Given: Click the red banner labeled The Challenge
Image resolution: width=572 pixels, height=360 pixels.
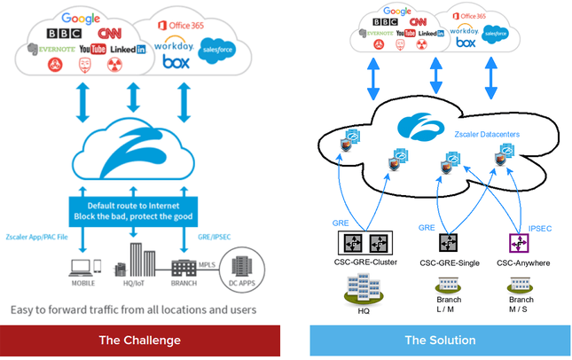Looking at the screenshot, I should [140, 340].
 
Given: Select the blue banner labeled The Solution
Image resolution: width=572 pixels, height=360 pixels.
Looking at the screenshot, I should [440, 340].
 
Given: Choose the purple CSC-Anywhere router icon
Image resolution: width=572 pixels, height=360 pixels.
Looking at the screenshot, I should [516, 241].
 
